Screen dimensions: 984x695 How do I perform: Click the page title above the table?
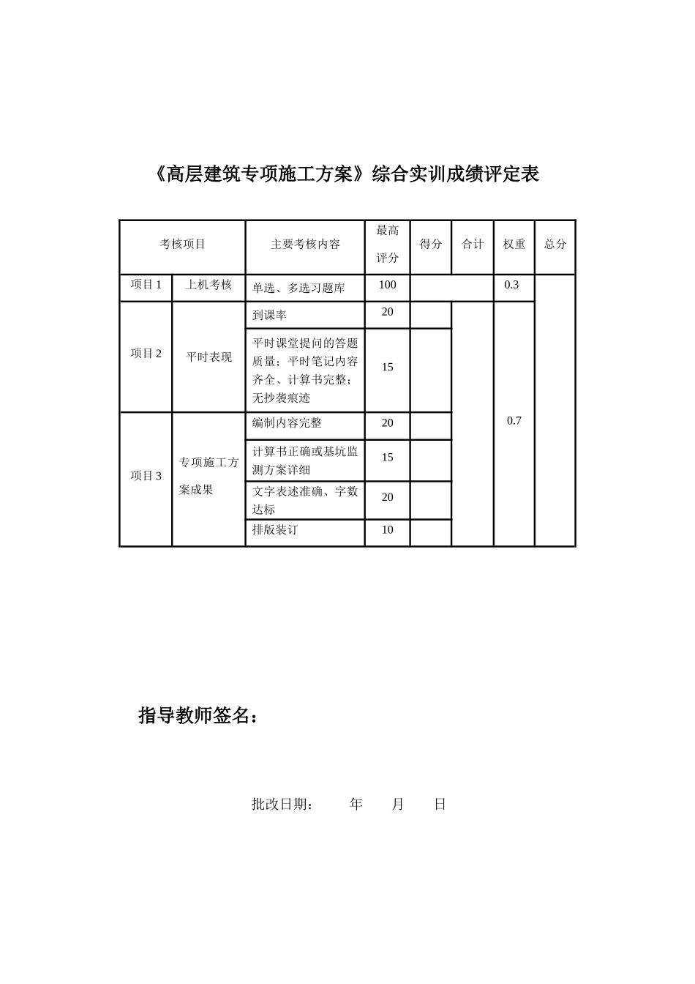click(347, 174)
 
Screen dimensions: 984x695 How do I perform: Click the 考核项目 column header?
click(182, 245)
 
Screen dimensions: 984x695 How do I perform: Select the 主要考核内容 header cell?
click(305, 245)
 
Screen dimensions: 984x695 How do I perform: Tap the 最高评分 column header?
click(387, 245)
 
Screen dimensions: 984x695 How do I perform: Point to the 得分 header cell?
click(431, 245)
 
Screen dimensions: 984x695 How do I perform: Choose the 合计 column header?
click(473, 245)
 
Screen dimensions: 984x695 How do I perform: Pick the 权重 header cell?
click(514, 245)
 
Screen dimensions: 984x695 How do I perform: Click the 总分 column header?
click(555, 245)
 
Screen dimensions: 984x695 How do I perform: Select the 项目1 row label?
click(146, 285)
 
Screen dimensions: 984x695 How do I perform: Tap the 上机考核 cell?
click(209, 285)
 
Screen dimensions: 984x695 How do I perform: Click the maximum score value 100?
click(387, 285)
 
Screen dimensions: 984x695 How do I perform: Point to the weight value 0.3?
click(511, 285)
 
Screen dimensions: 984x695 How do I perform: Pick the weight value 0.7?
click(514, 421)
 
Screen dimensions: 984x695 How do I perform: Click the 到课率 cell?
click(269, 316)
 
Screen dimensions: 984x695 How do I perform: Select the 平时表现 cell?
click(209, 357)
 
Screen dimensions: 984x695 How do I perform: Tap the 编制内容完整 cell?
click(287, 423)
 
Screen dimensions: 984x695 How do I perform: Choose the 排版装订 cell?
click(275, 530)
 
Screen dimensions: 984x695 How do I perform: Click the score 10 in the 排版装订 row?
click(387, 530)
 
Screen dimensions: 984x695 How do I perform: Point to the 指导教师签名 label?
click(198, 716)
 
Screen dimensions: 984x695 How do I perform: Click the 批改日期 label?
click(283, 805)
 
